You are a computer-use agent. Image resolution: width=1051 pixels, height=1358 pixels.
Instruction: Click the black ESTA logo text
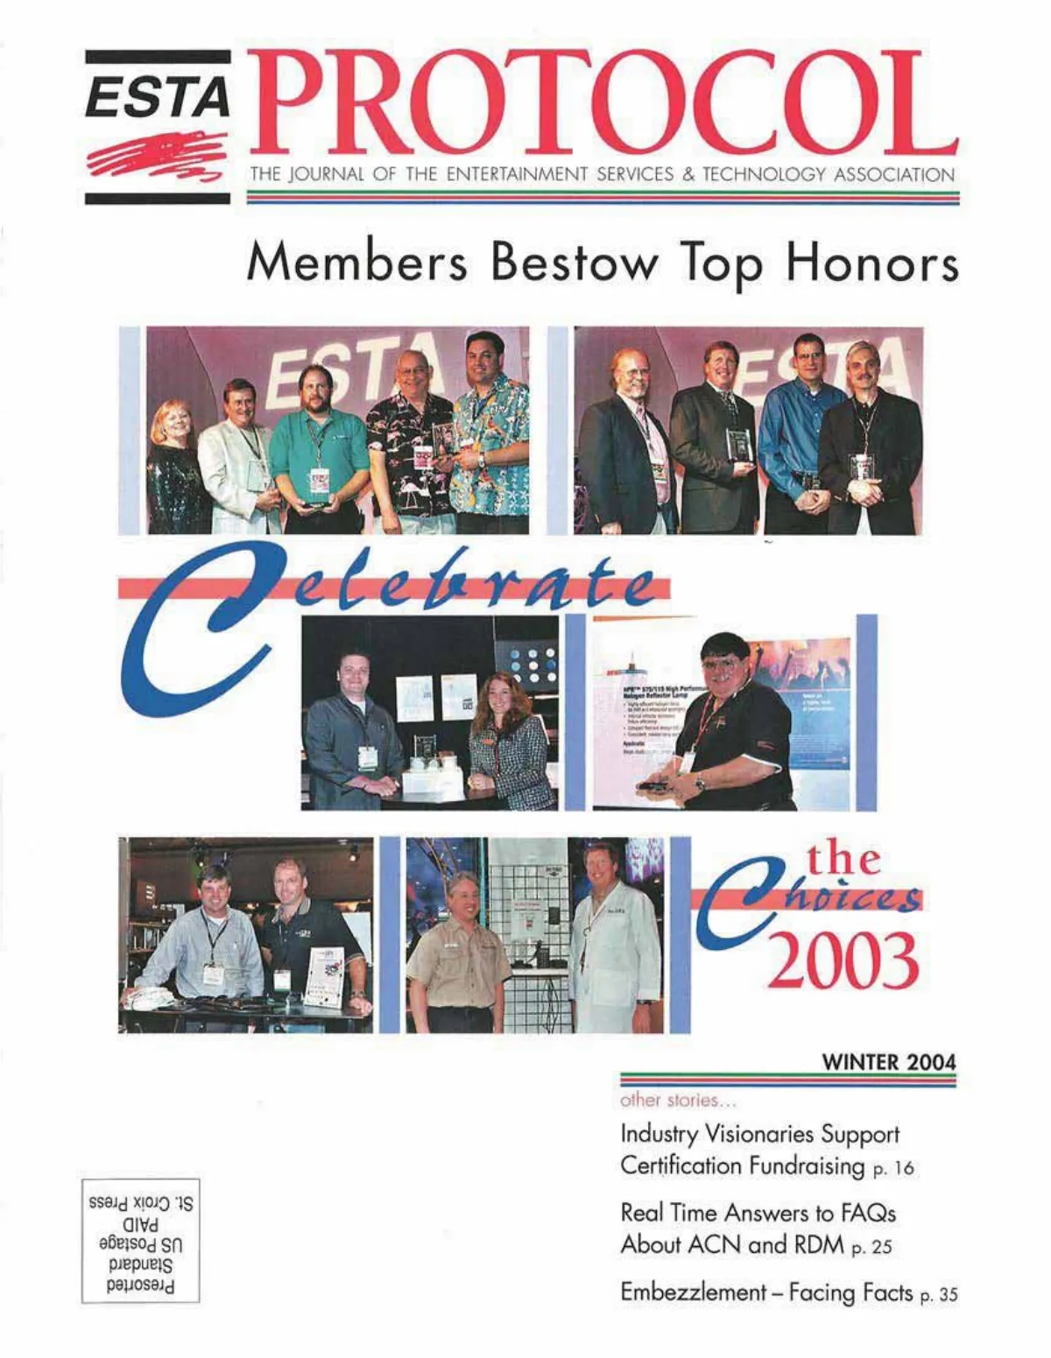pos(158,96)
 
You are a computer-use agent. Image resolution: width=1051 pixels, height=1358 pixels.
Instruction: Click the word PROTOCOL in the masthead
pos(604,103)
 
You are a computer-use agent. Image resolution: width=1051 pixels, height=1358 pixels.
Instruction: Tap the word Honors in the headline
pos(871,263)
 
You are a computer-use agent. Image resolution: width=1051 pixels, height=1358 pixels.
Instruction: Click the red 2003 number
pos(843,960)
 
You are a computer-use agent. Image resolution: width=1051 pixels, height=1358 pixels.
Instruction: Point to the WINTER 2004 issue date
pos(889,1062)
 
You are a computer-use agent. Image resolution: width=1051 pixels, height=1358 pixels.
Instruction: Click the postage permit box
pos(140,1240)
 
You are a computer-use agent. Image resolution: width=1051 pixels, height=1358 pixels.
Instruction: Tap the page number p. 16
pos(893,1169)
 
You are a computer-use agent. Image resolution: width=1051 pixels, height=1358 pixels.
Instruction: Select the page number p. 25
pos(871,1248)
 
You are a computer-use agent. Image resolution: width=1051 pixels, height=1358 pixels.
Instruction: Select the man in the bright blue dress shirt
pos(801,438)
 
